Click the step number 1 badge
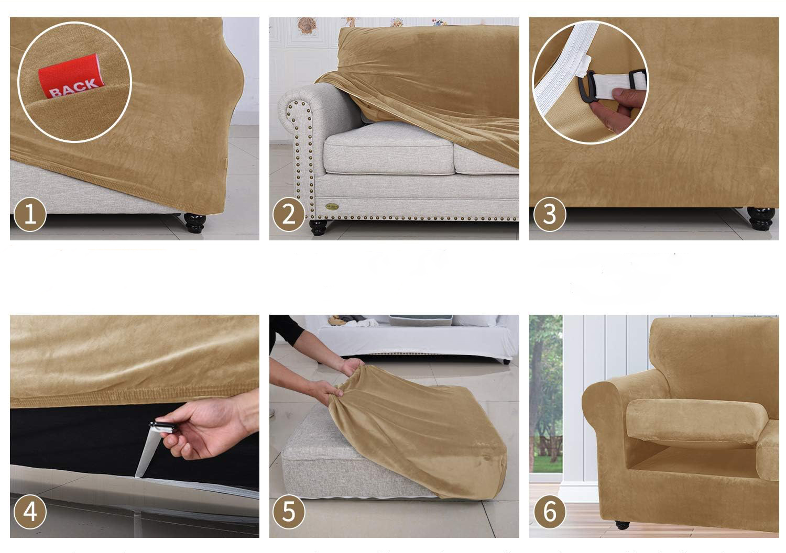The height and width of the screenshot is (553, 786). [x=30, y=215]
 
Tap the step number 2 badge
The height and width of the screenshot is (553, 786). [x=289, y=215]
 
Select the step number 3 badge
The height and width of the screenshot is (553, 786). [x=550, y=215]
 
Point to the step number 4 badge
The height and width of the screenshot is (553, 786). [x=30, y=512]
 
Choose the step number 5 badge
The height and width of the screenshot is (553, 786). [x=289, y=512]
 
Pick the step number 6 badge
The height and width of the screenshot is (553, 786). [x=550, y=512]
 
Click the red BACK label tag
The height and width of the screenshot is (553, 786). [x=72, y=76]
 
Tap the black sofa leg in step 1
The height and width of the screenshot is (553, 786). [x=195, y=223]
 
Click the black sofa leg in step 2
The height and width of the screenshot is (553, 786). [x=318, y=227]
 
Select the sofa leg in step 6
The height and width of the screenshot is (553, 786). [x=622, y=525]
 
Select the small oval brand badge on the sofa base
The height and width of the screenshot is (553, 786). [x=332, y=206]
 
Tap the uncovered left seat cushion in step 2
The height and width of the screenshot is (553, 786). [x=389, y=149]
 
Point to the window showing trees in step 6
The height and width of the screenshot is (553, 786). [x=545, y=394]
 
